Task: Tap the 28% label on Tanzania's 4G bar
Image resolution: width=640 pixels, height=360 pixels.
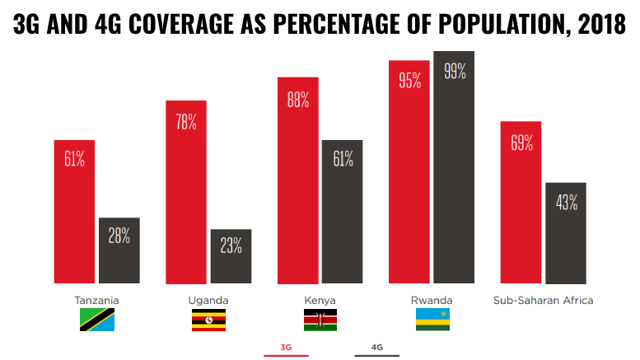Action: (119, 236)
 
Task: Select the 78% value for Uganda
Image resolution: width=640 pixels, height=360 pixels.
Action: (186, 122)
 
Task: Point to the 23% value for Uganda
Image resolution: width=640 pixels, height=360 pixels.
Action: (231, 245)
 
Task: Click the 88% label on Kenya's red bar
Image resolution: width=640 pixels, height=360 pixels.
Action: (298, 100)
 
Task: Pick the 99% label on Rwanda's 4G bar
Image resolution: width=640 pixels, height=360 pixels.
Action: (455, 71)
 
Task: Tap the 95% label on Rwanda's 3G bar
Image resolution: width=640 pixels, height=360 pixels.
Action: (409, 81)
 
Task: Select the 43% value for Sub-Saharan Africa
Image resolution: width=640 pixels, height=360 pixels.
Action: (566, 202)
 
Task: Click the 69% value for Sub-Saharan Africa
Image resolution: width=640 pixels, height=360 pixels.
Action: (521, 143)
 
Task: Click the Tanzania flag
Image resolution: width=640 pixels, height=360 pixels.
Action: (97, 320)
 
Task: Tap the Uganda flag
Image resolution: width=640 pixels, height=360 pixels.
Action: (208, 320)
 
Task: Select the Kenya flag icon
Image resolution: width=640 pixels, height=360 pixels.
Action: (320, 320)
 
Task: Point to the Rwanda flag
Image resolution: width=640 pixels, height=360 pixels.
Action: (432, 320)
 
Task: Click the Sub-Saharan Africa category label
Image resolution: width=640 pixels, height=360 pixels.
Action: (543, 300)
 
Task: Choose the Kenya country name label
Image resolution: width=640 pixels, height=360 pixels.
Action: (320, 300)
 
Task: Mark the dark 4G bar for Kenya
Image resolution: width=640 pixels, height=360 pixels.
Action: (343, 212)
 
